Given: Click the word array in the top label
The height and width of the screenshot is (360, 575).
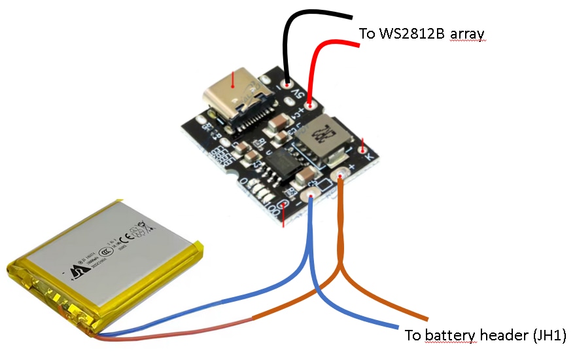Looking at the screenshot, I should [468, 33].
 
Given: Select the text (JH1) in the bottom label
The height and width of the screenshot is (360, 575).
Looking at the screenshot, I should [546, 336].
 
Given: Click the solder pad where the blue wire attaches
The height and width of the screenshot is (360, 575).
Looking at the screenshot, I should [311, 193].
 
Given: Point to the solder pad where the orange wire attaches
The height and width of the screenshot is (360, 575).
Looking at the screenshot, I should [341, 175].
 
